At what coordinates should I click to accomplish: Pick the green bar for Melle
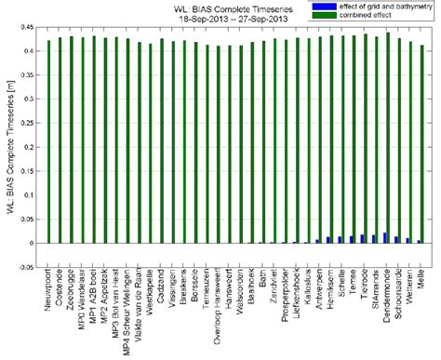[x=421, y=144]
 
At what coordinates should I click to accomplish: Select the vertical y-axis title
[x=8, y=147]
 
